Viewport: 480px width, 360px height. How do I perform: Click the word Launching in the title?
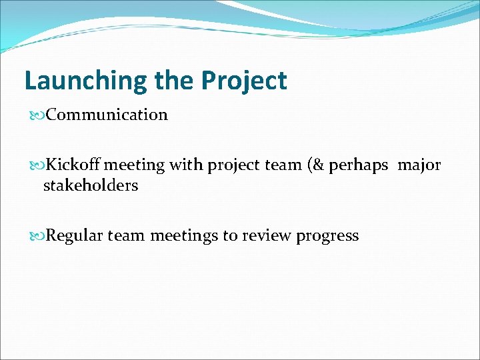point(86,81)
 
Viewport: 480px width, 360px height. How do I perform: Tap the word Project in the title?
point(244,81)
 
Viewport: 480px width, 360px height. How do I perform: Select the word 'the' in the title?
point(174,81)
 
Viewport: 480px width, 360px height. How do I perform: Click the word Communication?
point(107,115)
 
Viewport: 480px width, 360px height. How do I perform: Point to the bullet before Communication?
point(38,115)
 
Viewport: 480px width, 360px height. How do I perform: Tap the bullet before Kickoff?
point(38,165)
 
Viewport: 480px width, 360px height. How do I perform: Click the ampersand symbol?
point(317,165)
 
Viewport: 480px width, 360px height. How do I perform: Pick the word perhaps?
point(359,165)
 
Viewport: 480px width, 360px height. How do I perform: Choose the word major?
point(419,165)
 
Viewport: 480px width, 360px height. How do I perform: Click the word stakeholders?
point(91,185)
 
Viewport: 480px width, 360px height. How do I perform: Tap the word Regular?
point(75,236)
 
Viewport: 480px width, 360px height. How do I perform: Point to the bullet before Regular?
point(38,236)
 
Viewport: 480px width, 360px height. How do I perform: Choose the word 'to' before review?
point(230,236)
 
